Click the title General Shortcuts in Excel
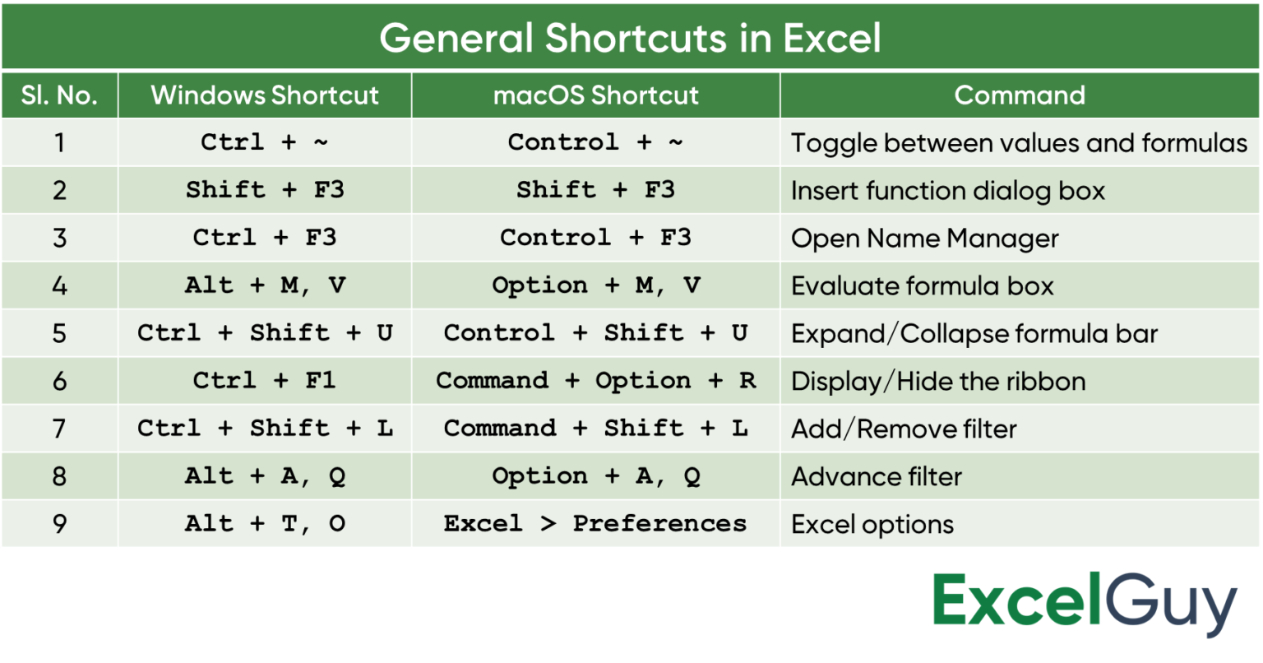pos(630,38)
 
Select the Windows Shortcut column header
pos(265,95)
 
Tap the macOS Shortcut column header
pos(596,95)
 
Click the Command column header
pos(1020,95)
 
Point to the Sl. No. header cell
pos(59,95)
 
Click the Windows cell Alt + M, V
pos(265,285)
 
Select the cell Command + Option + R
pos(596,381)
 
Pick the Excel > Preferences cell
pos(595,524)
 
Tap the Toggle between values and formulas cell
pos(1019,143)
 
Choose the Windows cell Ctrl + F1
pos(265,381)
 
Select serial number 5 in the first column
pos(59,333)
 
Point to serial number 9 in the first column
pos(59,524)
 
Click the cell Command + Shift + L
pos(596,429)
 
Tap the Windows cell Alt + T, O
pos(265,524)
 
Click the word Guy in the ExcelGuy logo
pos(1171,604)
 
